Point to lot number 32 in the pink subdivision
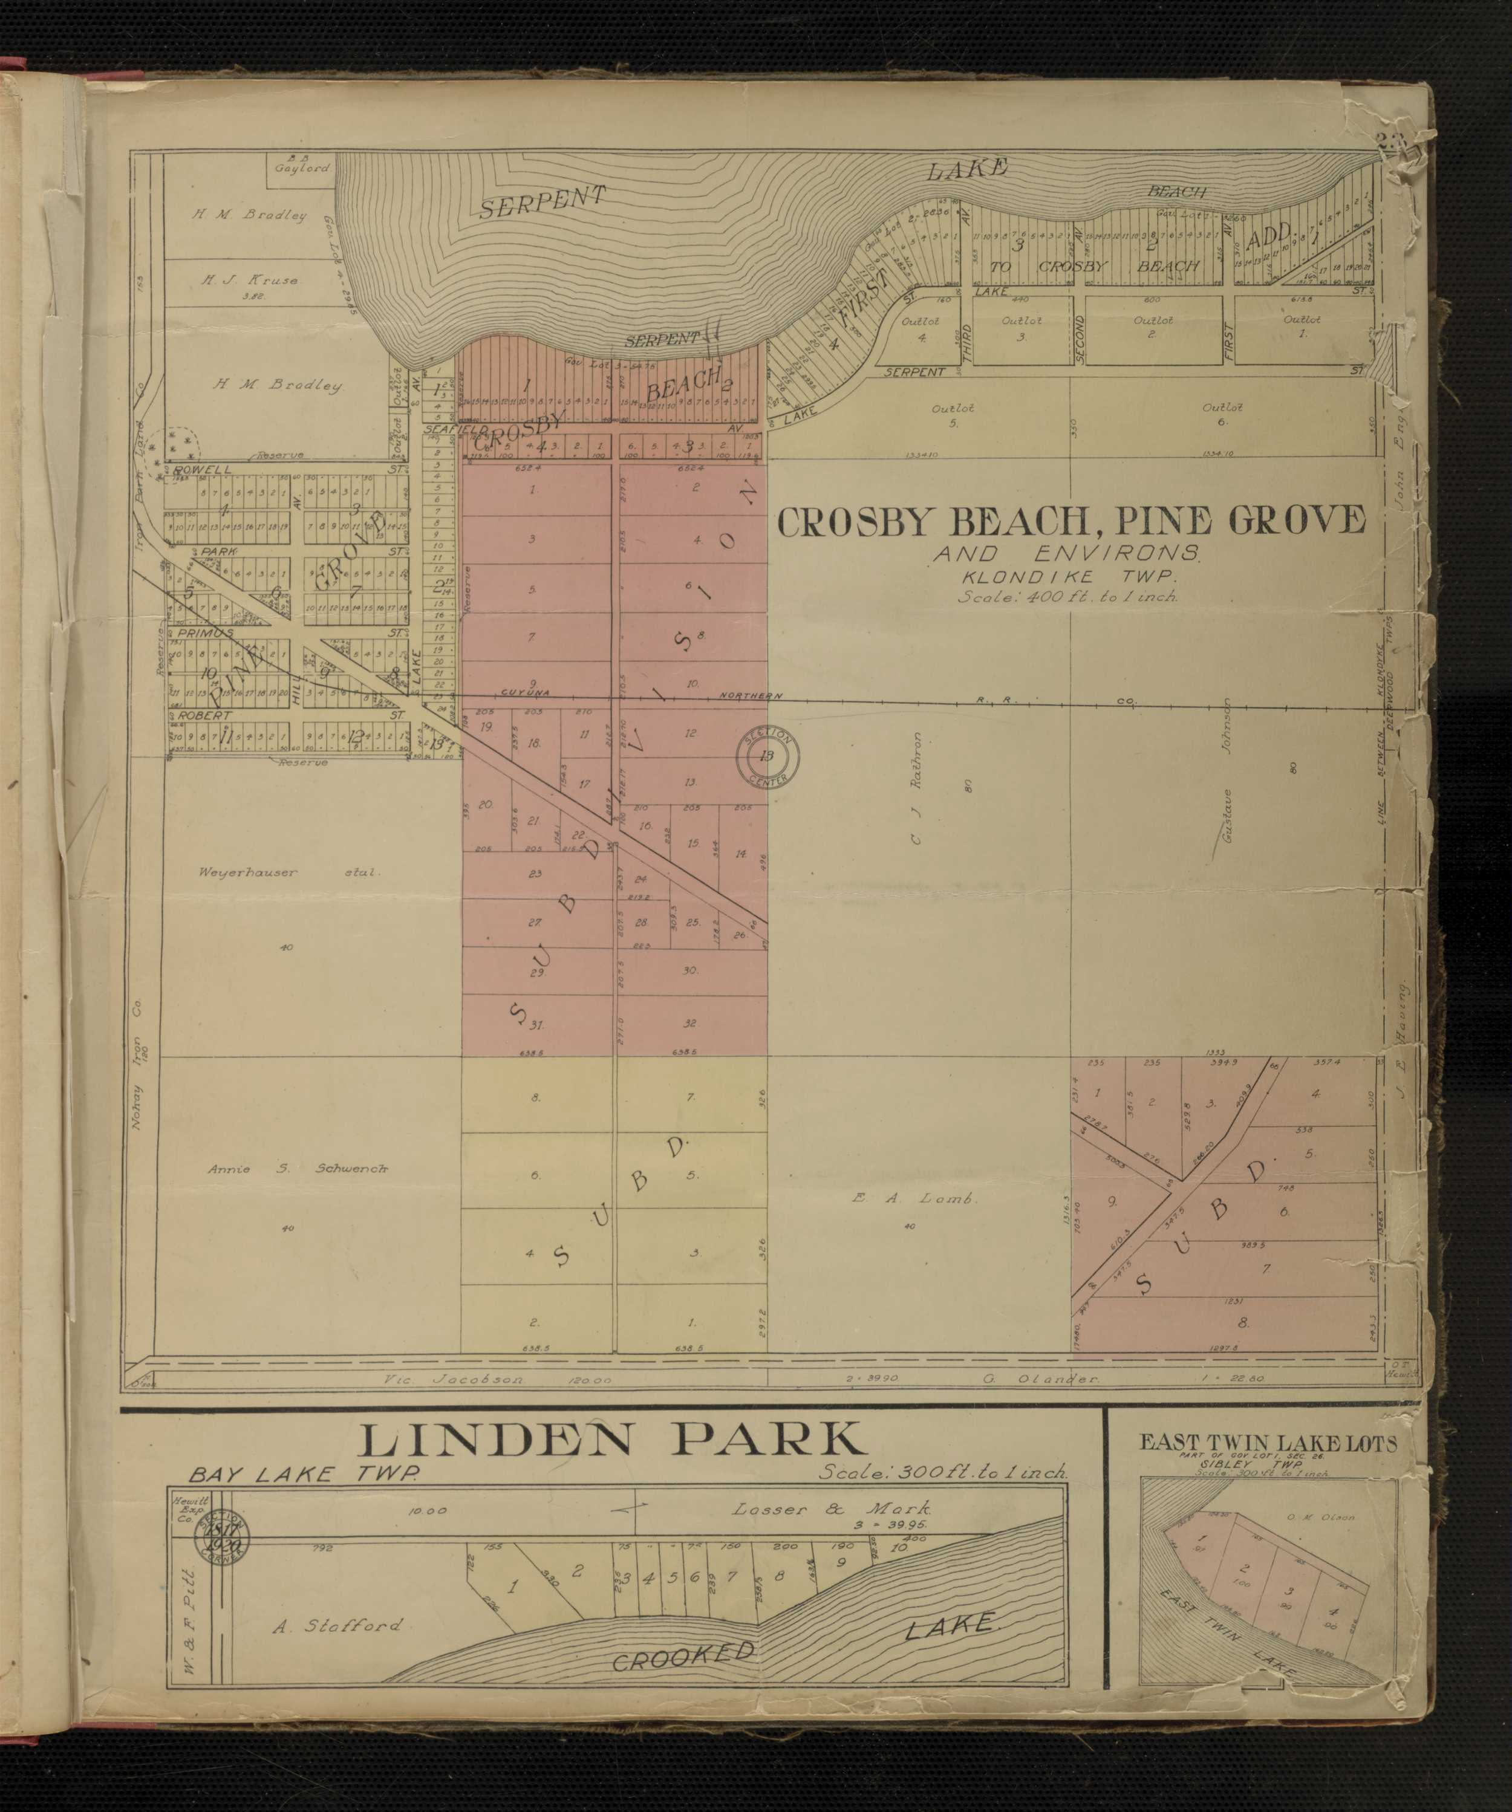[x=689, y=1024]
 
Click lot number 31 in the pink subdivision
[x=537, y=1025]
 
